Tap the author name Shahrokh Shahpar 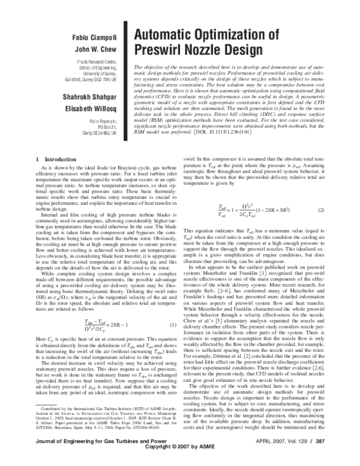pos(91,96)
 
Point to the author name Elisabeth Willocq pos(92,109)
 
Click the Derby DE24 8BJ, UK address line pos(97,138)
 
